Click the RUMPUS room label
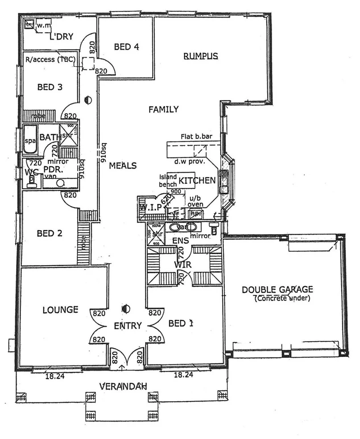point(200,56)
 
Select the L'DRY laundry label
point(61,36)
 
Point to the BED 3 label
point(50,87)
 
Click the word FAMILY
point(164,109)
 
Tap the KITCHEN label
point(197,181)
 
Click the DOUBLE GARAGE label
point(277,290)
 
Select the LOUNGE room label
point(61,310)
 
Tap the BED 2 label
point(49,233)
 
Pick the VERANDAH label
point(123,386)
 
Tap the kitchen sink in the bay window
point(224,181)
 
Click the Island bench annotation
point(169,180)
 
